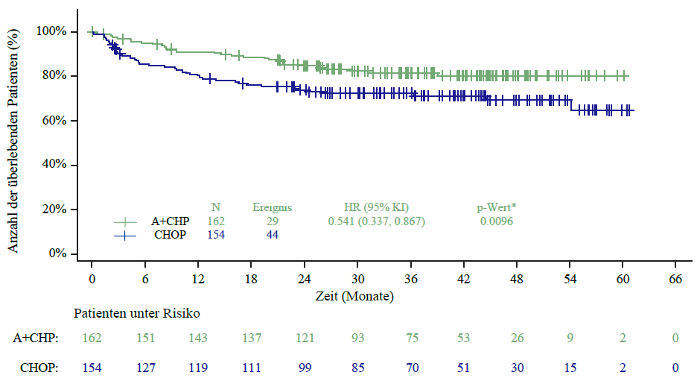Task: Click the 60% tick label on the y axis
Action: (x=54, y=121)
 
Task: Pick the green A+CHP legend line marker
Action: (x=125, y=221)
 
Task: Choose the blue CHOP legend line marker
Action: (x=125, y=235)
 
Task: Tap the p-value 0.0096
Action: (x=497, y=221)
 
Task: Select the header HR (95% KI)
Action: (x=376, y=207)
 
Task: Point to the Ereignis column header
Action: (x=272, y=207)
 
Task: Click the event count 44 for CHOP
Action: (x=272, y=235)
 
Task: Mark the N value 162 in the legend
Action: (x=215, y=221)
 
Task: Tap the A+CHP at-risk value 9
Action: (x=570, y=339)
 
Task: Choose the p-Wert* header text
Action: (x=497, y=207)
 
